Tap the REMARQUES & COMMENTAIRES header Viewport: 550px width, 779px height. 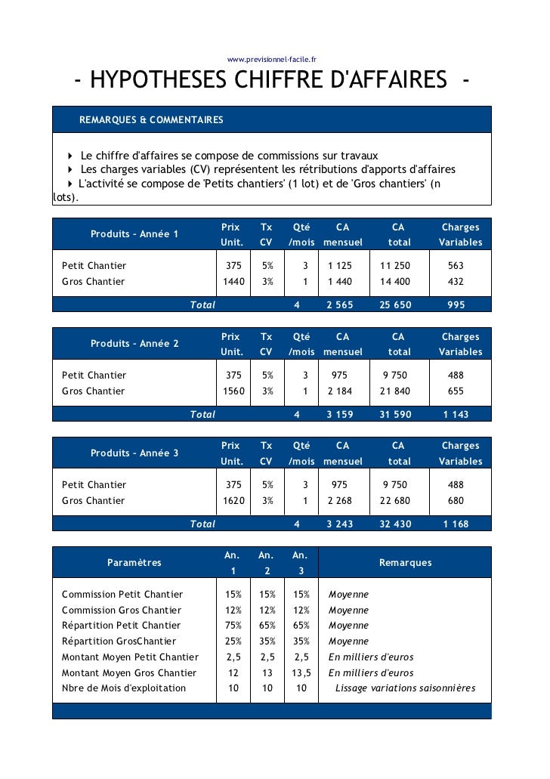[151, 120]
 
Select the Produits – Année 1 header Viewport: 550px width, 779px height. [134, 233]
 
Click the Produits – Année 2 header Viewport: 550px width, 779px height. [134, 344]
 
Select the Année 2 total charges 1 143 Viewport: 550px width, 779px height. [456, 415]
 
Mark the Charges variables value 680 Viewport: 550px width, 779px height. [456, 501]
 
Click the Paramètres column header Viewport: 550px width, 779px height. [134, 563]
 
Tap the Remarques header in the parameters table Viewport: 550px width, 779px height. [405, 563]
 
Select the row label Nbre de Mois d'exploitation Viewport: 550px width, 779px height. [123, 688]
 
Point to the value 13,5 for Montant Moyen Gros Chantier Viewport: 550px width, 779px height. [301, 673]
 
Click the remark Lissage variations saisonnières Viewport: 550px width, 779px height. [405, 688]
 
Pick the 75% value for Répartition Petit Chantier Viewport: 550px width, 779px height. [233, 626]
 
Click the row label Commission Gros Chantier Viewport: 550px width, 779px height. [121, 611]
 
